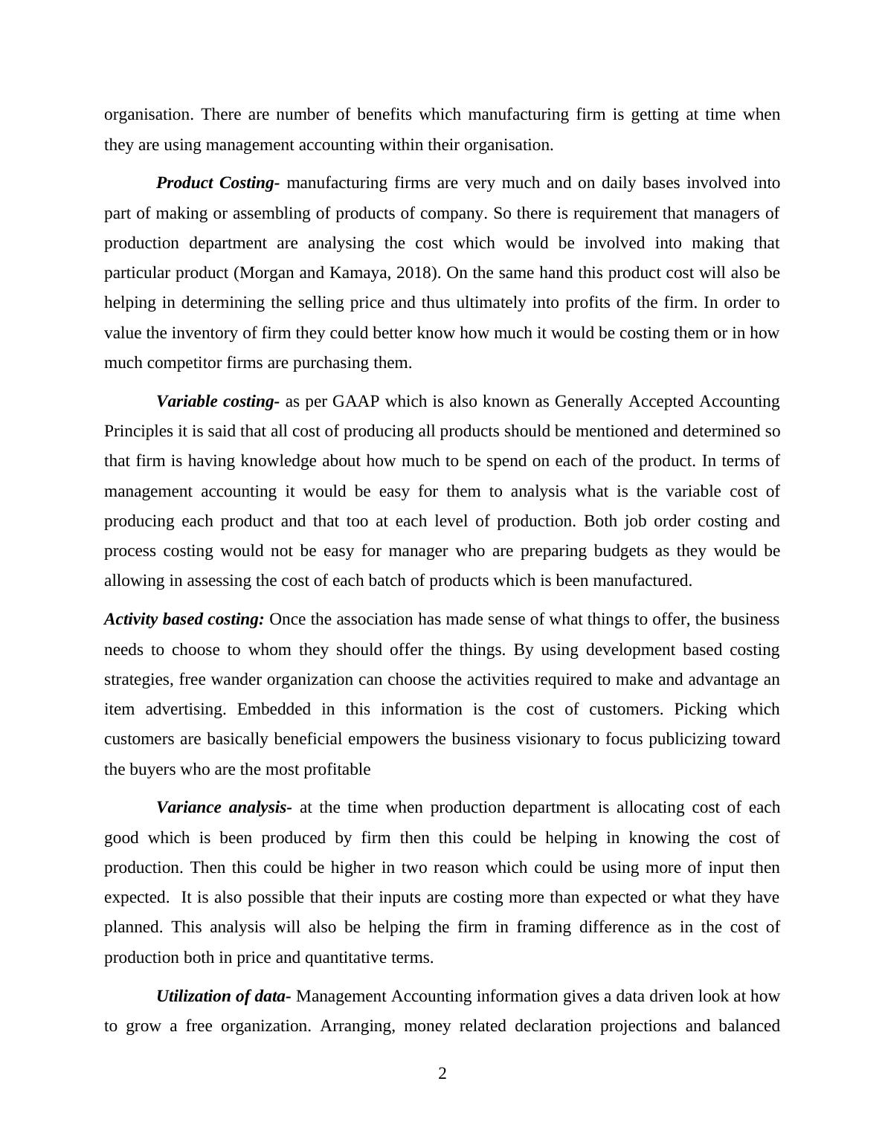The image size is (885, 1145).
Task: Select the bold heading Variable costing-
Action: click(x=218, y=401)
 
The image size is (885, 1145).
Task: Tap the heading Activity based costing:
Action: click(x=184, y=619)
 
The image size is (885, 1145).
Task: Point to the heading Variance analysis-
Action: click(x=224, y=807)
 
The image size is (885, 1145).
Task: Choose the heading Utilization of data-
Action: click(x=224, y=996)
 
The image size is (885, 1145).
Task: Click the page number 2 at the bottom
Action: click(x=442, y=1074)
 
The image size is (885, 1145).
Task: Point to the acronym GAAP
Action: click(x=355, y=401)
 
